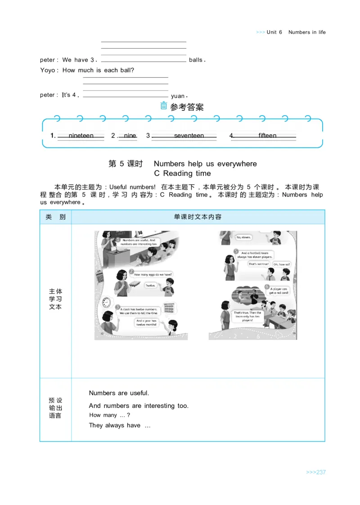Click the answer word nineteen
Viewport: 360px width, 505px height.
coord(81,136)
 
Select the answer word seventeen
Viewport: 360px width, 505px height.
coord(189,136)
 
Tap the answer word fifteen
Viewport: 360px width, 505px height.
coord(267,136)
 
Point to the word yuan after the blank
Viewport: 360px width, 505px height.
coord(178,96)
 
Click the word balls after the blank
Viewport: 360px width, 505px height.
coord(196,60)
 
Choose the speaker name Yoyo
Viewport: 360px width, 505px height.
coord(47,70)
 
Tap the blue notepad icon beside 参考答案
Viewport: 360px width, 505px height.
coord(164,107)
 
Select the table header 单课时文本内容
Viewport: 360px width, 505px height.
coord(198,217)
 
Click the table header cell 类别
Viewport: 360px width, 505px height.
coord(55,217)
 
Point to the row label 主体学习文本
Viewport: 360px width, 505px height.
coord(55,299)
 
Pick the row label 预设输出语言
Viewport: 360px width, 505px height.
coord(55,408)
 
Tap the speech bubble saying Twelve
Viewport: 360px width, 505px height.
coord(150,285)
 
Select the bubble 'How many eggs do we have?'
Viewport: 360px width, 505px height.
coord(153,274)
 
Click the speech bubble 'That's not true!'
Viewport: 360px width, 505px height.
coord(258,264)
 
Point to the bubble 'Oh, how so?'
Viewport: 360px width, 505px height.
coord(281,264)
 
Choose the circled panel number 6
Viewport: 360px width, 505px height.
coord(267,286)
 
